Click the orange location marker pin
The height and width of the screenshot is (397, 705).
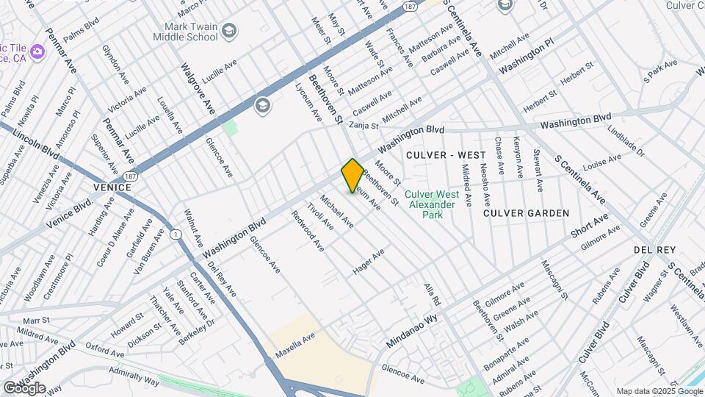tap(352, 175)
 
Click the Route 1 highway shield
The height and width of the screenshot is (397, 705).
tap(176, 235)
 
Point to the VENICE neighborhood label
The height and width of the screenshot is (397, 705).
tap(112, 187)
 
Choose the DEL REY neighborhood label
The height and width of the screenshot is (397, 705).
tap(654, 250)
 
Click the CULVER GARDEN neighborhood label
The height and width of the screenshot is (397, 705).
tap(527, 213)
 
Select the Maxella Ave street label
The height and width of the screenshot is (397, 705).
tap(295, 344)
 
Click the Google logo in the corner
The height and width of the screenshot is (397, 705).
tap(24, 387)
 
